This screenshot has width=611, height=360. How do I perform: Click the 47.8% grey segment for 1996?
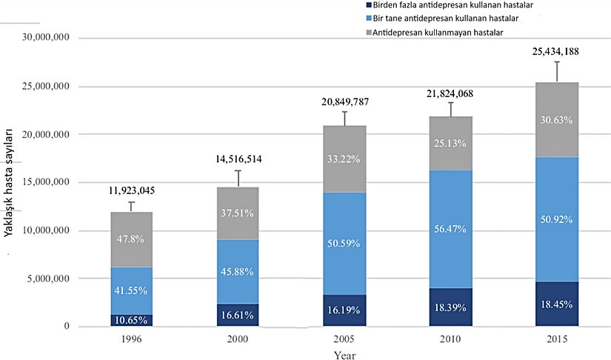pos(131,239)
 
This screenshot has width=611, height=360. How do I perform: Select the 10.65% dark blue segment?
pos(131,320)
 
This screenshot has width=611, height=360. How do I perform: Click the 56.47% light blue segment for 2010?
pos(450,229)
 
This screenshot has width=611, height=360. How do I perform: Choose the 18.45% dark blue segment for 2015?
pos(557,304)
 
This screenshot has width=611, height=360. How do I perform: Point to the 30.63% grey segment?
pos(557,119)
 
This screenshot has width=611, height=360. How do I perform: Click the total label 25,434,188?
pos(557,52)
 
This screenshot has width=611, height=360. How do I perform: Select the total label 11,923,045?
pos(131,191)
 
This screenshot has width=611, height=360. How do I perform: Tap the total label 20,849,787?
pos(344,101)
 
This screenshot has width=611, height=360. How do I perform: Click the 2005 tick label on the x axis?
pos(344,339)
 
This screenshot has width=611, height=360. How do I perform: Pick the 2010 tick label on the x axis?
pos(450,339)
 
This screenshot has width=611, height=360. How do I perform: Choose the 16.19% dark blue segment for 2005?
pos(344,310)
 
